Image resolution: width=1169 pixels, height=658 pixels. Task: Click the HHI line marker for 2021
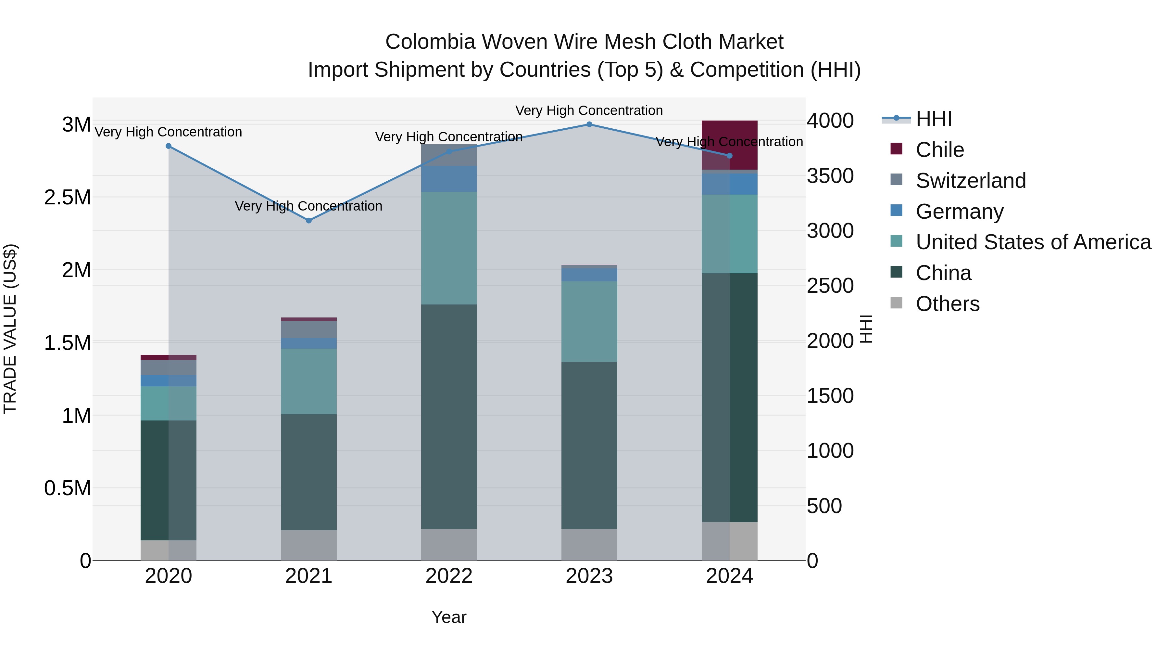(308, 221)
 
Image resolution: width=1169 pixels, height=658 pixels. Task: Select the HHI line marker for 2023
(589, 124)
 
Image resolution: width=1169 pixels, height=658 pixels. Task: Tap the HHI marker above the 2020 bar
(168, 146)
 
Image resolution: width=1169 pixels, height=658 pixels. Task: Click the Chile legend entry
(939, 150)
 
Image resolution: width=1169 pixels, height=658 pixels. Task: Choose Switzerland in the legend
(970, 181)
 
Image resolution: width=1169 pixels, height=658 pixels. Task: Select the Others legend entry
(947, 304)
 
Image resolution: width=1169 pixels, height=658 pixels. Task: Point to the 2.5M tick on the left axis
(67, 198)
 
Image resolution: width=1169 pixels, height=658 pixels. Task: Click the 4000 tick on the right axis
(830, 121)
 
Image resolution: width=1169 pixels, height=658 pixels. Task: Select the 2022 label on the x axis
(449, 576)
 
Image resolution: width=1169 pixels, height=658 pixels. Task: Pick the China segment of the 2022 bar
(449, 417)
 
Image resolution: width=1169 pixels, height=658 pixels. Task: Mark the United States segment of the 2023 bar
(589, 321)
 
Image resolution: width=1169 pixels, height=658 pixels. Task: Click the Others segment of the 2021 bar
(308, 545)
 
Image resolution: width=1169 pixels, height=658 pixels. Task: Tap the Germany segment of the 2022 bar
(449, 178)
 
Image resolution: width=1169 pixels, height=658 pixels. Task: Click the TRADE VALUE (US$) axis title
(10, 329)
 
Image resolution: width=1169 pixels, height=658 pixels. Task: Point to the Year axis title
(449, 617)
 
